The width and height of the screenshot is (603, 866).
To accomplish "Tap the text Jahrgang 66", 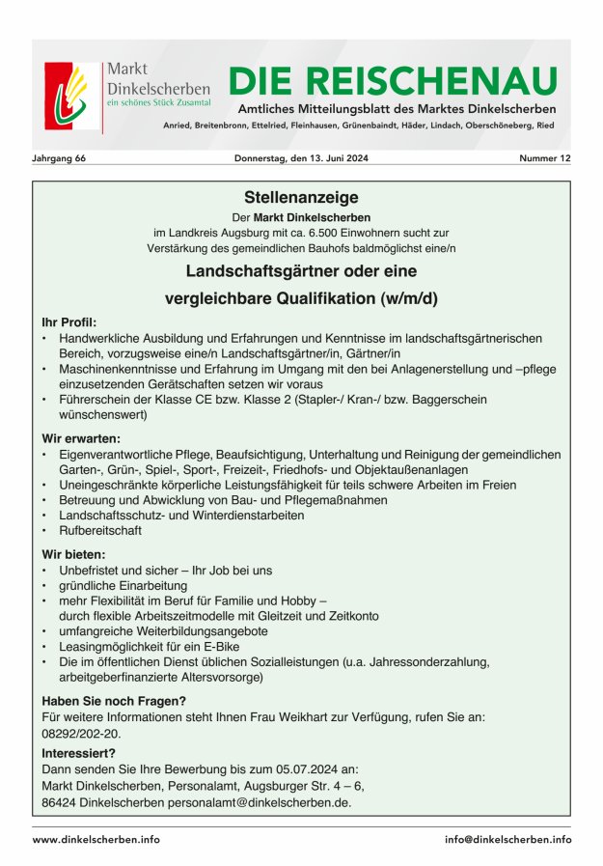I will [60, 158].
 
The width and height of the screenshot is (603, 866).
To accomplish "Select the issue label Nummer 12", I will [545, 158].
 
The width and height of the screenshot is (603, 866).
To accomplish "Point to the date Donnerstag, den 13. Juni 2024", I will [302, 158].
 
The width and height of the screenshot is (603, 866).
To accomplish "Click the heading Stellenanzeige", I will [301, 196].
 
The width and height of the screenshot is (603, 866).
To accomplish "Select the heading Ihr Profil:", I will [69, 322].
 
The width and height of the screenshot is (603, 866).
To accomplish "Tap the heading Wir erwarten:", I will [80, 438].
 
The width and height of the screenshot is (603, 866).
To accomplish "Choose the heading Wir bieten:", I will [74, 554].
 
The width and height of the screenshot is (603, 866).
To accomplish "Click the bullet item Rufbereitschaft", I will [100, 531].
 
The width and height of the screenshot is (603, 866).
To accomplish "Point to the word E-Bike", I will [217, 646].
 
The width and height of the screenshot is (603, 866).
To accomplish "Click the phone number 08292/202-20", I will [82, 734].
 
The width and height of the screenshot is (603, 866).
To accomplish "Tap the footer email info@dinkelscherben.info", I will [507, 840].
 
